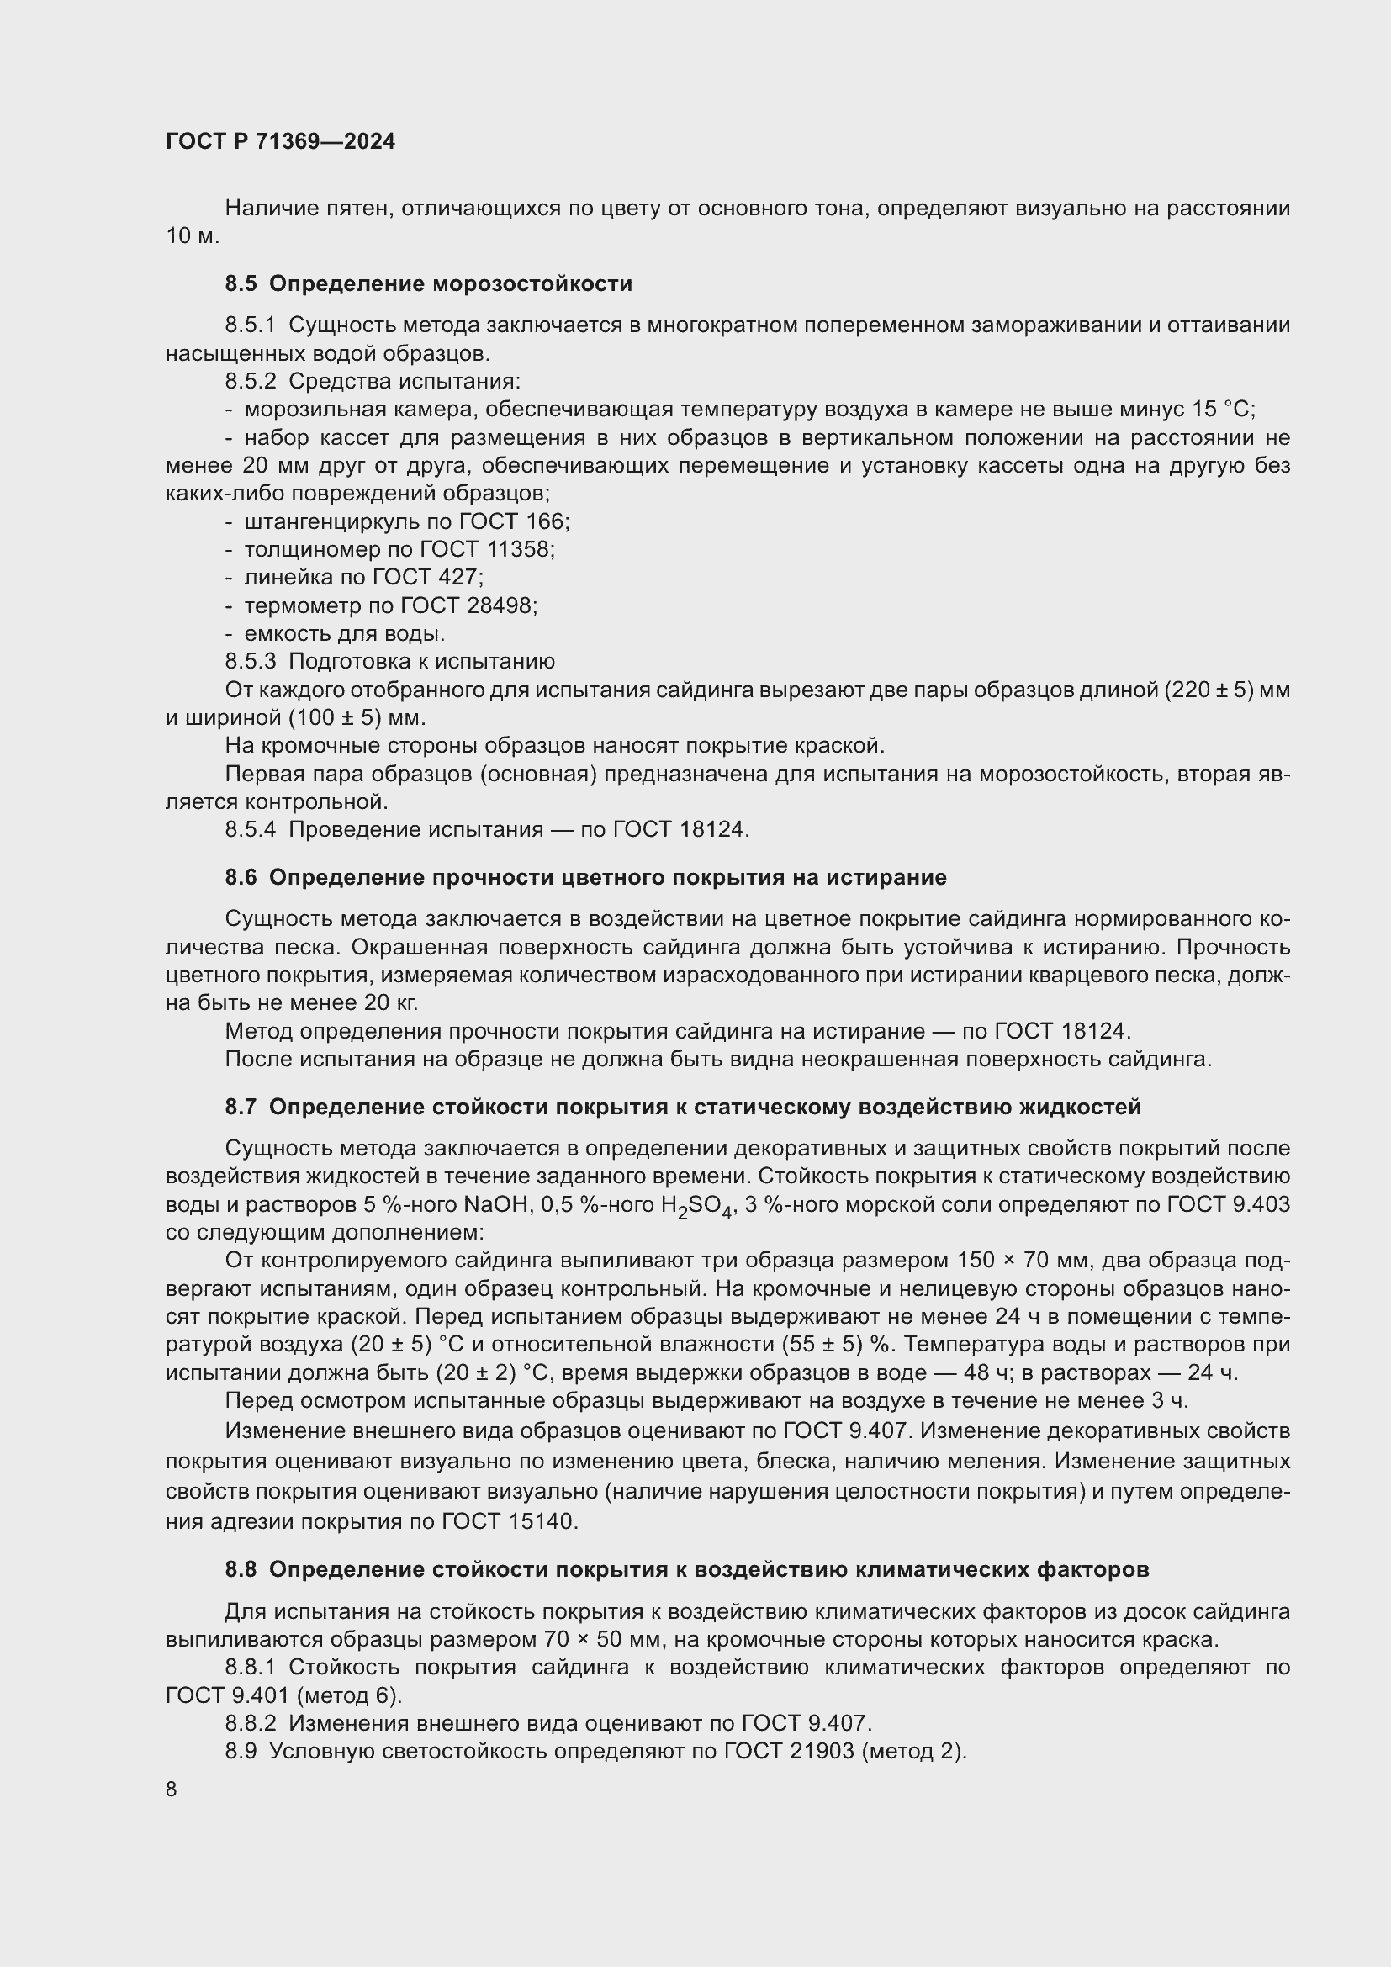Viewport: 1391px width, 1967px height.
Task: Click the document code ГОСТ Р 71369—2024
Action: pos(280,142)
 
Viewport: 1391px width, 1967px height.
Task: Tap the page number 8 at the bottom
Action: pos(172,1790)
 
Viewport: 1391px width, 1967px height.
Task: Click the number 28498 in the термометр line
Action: pos(501,605)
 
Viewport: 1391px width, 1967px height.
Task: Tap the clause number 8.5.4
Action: pos(251,829)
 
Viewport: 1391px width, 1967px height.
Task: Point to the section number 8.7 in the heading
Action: pos(241,1107)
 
